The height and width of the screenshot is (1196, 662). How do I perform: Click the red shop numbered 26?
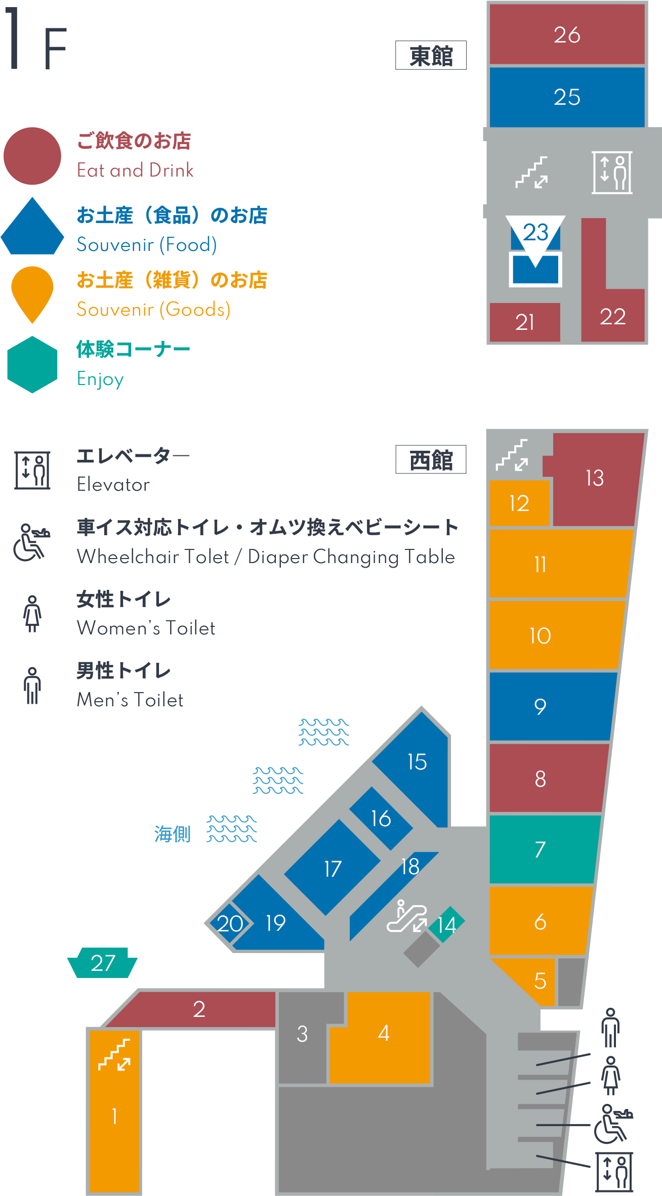(x=567, y=34)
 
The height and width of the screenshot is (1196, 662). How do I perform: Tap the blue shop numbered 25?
(x=567, y=97)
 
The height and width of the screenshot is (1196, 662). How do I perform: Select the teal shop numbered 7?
(x=542, y=849)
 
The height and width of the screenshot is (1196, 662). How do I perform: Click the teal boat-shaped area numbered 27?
(x=102, y=963)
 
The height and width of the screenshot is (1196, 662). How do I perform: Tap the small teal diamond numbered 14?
(x=446, y=924)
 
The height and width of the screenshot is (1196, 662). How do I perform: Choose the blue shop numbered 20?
(x=229, y=923)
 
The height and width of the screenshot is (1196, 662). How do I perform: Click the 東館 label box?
(x=431, y=55)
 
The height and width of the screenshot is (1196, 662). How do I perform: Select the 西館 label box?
(x=431, y=459)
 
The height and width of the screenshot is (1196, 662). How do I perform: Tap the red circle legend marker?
(x=32, y=156)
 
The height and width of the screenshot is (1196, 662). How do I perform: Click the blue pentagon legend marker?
(x=32, y=226)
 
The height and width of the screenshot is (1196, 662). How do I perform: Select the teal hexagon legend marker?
(x=32, y=365)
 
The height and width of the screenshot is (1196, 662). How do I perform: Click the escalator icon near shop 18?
(x=407, y=916)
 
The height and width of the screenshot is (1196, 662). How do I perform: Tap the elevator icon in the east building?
(x=612, y=173)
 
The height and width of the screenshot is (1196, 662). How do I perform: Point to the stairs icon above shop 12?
(x=512, y=455)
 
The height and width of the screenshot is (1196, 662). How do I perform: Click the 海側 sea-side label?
(x=173, y=834)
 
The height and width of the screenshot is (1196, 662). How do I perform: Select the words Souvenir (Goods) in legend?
(x=153, y=309)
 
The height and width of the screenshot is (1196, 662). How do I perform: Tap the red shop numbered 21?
(x=525, y=322)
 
